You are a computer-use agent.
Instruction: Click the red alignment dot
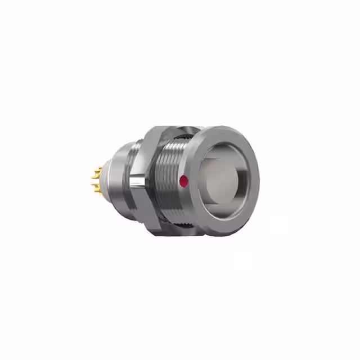pos(183,181)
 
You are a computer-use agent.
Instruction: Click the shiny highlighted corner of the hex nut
pos(137,182)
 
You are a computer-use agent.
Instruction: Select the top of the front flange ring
pos(225,131)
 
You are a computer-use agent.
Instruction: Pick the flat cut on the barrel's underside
pos(169,222)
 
